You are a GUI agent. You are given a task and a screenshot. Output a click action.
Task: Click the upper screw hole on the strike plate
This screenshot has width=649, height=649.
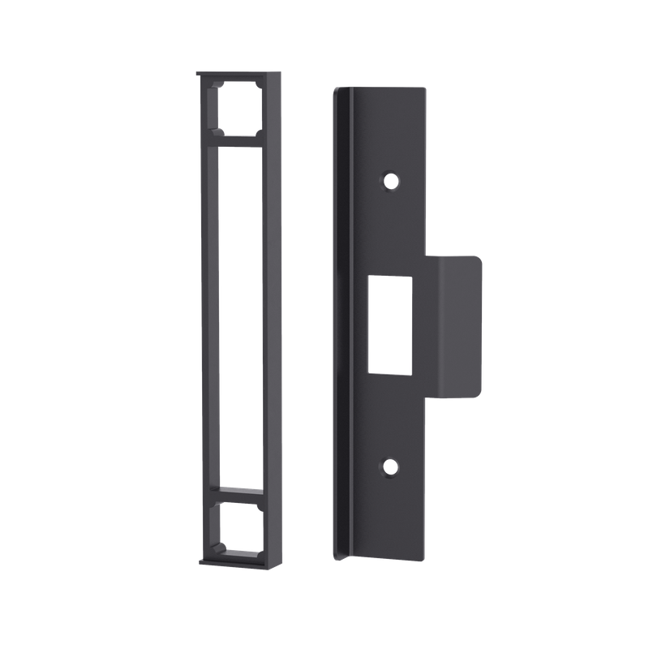[391, 179]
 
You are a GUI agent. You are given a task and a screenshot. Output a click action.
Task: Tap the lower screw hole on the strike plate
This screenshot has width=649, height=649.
[391, 466]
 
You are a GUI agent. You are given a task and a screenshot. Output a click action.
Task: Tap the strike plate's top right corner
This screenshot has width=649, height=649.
[423, 88]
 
